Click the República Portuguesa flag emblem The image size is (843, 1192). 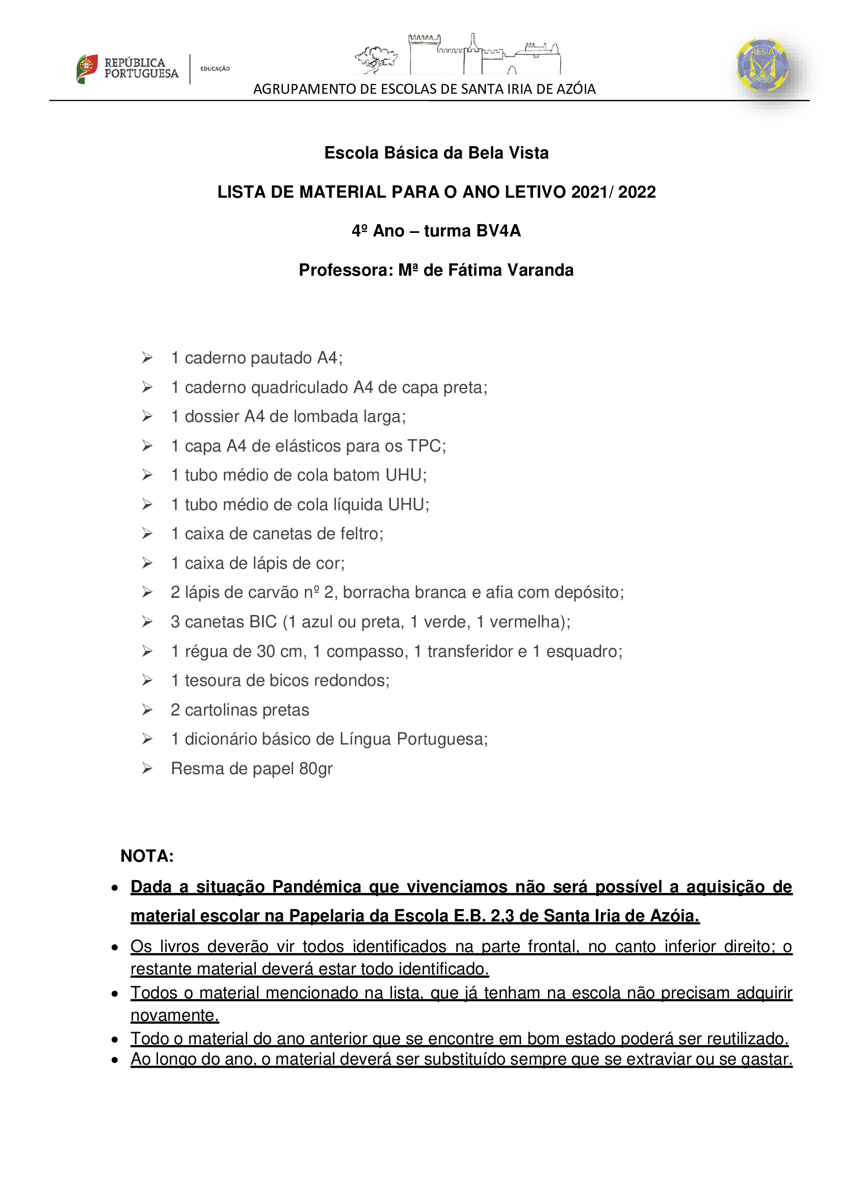87,68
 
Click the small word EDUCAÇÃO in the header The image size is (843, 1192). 215,68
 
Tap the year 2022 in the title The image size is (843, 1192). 637,192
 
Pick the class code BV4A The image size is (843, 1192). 498,231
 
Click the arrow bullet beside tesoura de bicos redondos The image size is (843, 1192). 147,681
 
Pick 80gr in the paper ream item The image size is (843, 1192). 315,769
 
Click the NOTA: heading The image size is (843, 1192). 147,857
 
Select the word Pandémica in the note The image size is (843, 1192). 316,887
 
